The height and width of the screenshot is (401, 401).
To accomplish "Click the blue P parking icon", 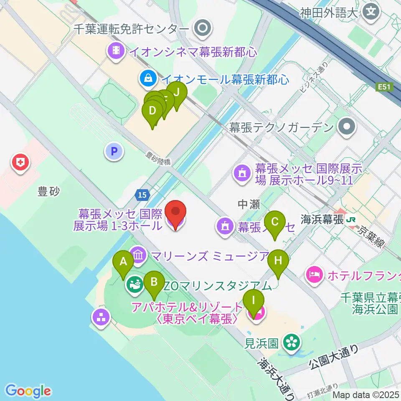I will (x=114, y=151).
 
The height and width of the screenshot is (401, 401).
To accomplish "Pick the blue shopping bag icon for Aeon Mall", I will (x=148, y=78).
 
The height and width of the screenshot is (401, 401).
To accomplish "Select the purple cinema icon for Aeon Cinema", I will (x=117, y=51).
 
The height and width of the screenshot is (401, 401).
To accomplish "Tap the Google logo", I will (x=28, y=391).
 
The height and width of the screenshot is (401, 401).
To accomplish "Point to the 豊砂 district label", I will (x=49, y=192).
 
